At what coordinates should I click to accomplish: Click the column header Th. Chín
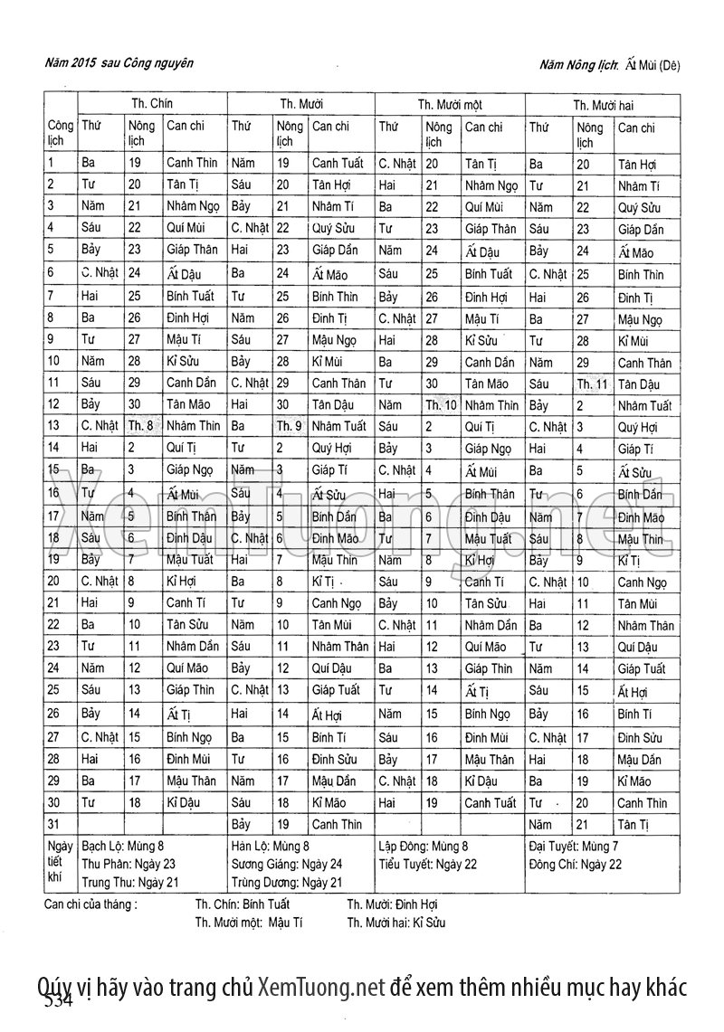tap(151, 104)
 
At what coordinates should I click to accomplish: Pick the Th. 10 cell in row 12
tap(441, 404)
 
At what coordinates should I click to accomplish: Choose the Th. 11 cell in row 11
tap(593, 383)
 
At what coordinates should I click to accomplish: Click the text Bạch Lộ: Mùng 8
tap(123, 847)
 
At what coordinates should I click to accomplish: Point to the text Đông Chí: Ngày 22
tap(575, 864)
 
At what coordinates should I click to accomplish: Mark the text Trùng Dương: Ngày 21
tap(286, 882)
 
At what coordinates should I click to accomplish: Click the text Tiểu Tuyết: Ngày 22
tap(427, 864)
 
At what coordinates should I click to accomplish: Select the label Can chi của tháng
tap(90, 904)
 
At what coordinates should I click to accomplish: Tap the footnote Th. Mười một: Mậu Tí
tap(249, 923)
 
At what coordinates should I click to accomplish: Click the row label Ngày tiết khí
tap(56, 863)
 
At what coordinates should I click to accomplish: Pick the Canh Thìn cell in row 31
tap(337, 824)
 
